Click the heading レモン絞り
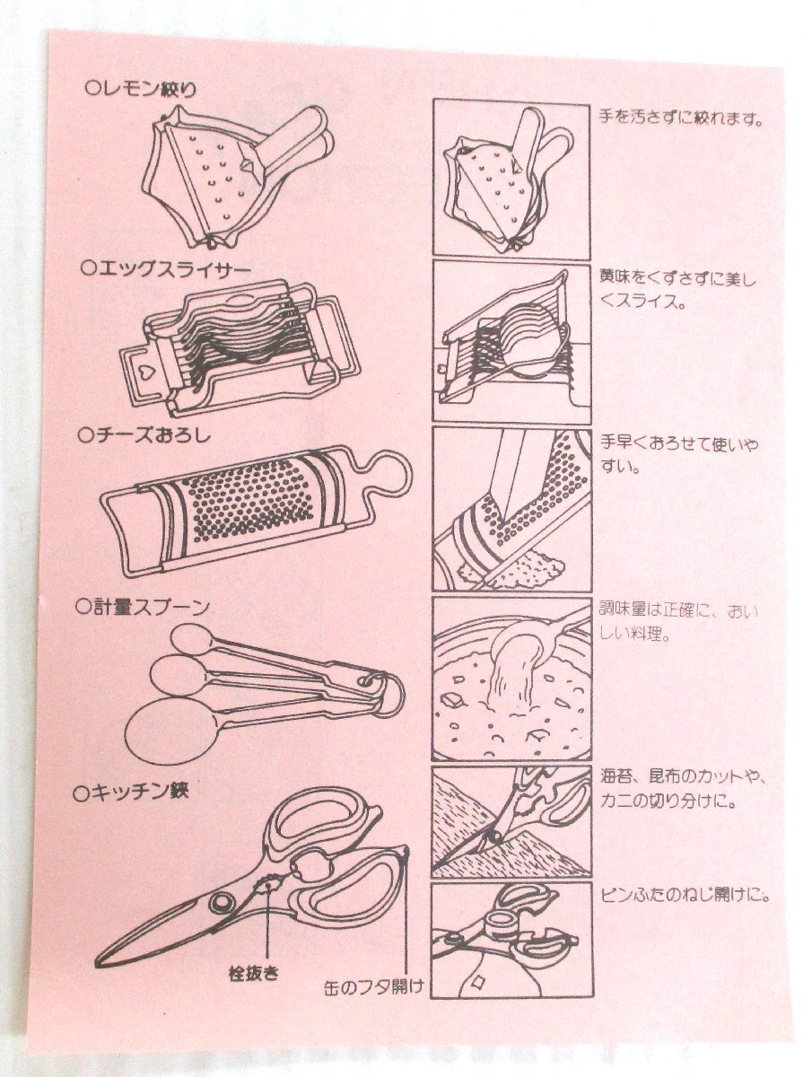click(x=140, y=89)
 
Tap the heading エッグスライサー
click(x=168, y=269)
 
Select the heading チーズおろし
click(x=144, y=435)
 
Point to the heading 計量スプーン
click(x=142, y=607)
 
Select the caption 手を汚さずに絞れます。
click(x=680, y=118)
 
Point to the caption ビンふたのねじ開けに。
click(x=685, y=896)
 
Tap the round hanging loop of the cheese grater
click(x=389, y=475)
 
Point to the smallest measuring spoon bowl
click(x=192, y=640)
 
